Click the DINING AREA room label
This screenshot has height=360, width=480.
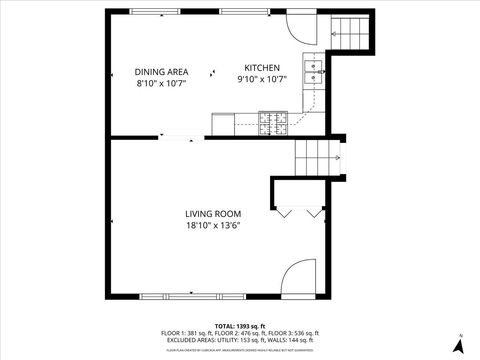pos(162,71)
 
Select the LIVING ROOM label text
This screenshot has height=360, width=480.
pos(212,213)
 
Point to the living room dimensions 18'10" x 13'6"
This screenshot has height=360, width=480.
pos(212,225)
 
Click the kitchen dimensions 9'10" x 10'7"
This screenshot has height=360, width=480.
pos(262,79)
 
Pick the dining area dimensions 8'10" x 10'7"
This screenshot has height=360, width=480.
pos(162,83)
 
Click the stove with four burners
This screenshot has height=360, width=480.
pos(273,123)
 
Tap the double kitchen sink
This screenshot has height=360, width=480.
pos(314,70)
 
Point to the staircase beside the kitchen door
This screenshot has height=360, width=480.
pos(350,34)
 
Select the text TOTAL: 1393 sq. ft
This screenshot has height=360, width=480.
pos(240,326)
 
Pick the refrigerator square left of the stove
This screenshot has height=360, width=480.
pos(222,123)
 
